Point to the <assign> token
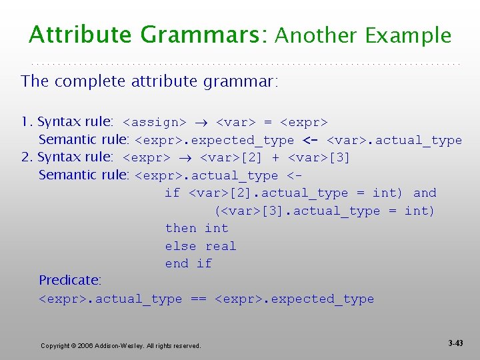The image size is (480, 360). click(x=155, y=122)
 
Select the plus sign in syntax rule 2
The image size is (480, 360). click(x=275, y=157)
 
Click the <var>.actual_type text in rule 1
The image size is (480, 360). click(x=394, y=140)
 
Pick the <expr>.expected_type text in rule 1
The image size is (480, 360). click(x=215, y=140)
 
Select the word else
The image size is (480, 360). click(x=181, y=246)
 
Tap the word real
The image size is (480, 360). click(x=221, y=246)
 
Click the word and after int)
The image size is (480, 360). click(x=425, y=193)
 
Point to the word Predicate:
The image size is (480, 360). click(x=70, y=281)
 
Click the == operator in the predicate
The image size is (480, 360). click(x=198, y=299)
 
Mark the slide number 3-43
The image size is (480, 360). click(x=455, y=343)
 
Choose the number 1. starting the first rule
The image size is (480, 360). click(x=27, y=122)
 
